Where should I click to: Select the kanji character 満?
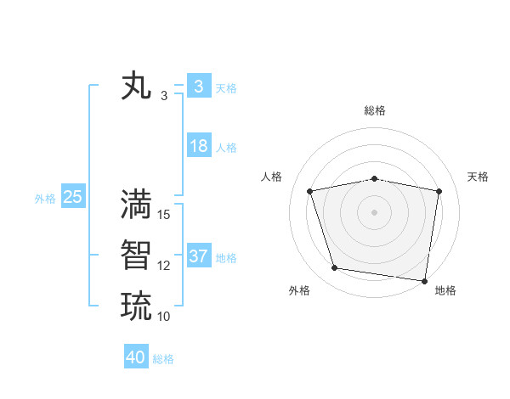[137, 205]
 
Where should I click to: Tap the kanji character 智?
[137, 256]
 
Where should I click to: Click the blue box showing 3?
[198, 86]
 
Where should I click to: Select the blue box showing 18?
[198, 146]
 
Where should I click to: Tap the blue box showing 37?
[198, 256]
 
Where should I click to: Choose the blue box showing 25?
[72, 197]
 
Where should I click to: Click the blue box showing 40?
[136, 357]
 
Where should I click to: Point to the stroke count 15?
[164, 214]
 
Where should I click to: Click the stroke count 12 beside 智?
[164, 265]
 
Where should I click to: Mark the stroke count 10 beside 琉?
[164, 316]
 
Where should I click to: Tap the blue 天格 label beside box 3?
[226, 87]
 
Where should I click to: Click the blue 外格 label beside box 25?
[45, 199]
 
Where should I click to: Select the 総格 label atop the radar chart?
[375, 110]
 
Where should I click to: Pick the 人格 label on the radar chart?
[271, 177]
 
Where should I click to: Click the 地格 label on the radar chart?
[445, 290]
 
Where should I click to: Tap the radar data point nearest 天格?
[439, 191]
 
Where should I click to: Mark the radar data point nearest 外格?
[334, 268]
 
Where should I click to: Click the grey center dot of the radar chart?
[374, 212]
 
